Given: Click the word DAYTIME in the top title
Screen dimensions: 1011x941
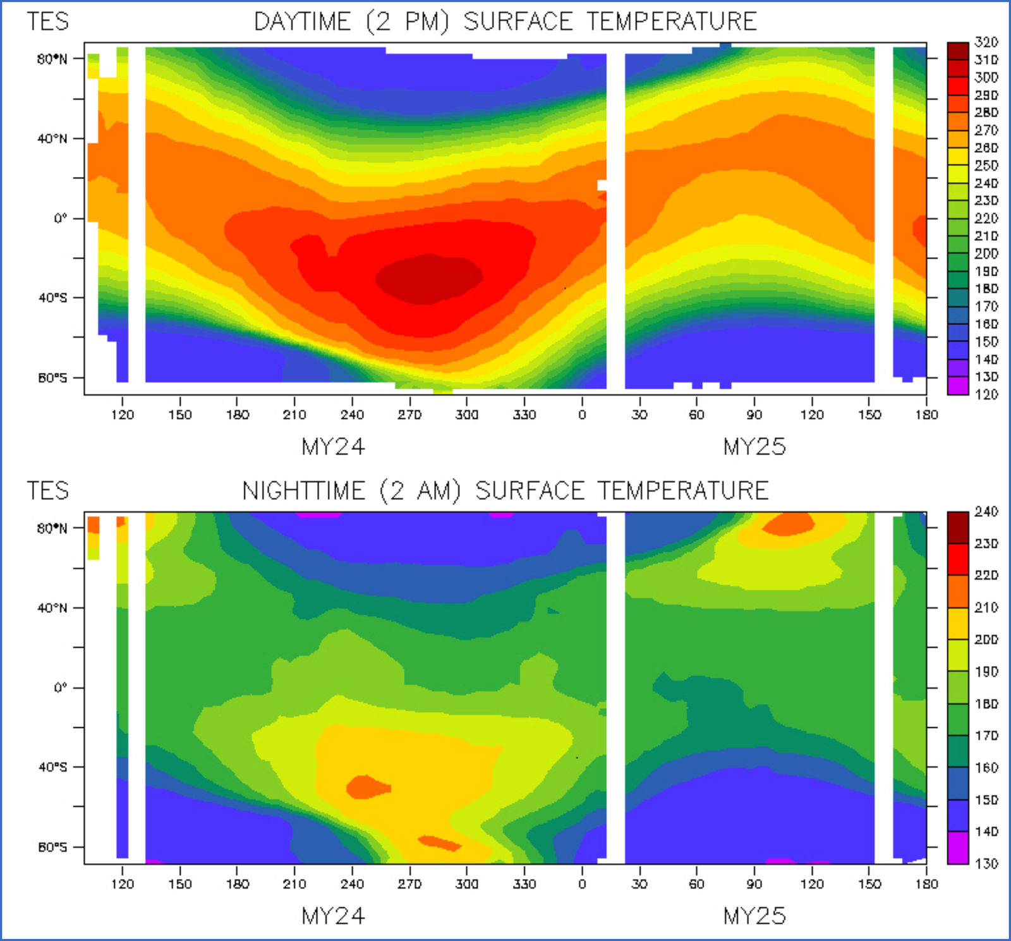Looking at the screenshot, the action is pyautogui.click(x=302, y=22).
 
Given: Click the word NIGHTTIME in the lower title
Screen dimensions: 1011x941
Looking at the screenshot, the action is pyautogui.click(x=304, y=491).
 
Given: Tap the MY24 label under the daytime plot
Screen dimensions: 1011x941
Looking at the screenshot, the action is pyautogui.click(x=333, y=447).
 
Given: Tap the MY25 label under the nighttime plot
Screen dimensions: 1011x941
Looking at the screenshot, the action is pyautogui.click(x=754, y=916).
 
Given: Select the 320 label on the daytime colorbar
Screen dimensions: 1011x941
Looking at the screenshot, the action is pyautogui.click(x=986, y=42).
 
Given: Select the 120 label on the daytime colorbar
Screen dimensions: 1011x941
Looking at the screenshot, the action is pyautogui.click(x=986, y=395).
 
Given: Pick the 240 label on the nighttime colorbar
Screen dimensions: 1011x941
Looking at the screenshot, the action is pyautogui.click(x=986, y=512).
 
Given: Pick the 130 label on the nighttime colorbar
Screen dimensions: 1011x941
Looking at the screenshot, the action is pyautogui.click(x=986, y=864).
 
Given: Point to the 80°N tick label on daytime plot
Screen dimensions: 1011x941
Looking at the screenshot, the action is pyautogui.click(x=52, y=59).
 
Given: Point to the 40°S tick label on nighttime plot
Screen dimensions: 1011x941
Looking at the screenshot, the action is pyautogui.click(x=52, y=767).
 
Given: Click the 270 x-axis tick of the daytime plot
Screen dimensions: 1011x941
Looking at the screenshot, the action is pyautogui.click(x=409, y=415).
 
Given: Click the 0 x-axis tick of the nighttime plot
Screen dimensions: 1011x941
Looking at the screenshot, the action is pyautogui.click(x=582, y=884).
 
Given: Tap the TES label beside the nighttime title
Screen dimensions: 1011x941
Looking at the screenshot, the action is pyautogui.click(x=47, y=491).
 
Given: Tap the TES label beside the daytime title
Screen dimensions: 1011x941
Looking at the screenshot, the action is pyautogui.click(x=47, y=22).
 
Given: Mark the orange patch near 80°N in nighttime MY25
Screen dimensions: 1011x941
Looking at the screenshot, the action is pyautogui.click(x=789, y=524).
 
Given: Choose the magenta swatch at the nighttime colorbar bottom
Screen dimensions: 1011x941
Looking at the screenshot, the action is pyautogui.click(x=958, y=848).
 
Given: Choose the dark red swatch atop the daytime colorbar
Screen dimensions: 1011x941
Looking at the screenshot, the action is pyautogui.click(x=958, y=51).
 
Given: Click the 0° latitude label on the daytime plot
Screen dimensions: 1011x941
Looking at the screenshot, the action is pyautogui.click(x=60, y=219).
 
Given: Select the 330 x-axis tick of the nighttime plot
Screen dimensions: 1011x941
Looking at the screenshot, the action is pyautogui.click(x=524, y=884).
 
